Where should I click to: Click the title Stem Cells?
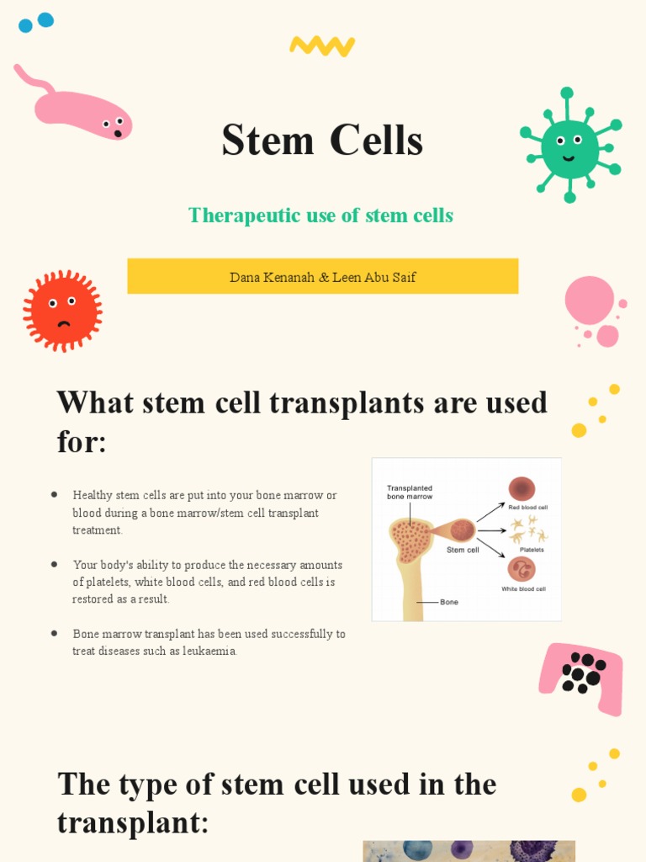tap(322, 141)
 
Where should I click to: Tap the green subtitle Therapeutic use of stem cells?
tap(320, 215)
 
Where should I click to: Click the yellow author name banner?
tap(322, 276)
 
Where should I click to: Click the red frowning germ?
tap(62, 310)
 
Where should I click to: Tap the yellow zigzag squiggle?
tap(321, 45)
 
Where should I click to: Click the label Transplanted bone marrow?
tap(410, 492)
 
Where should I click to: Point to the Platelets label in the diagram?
tap(531, 550)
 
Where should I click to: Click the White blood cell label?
tap(523, 589)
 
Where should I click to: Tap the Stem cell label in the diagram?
tap(462, 550)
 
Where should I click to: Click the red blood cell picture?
tap(522, 489)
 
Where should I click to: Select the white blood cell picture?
tap(522, 570)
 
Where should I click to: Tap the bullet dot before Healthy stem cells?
tap(55, 494)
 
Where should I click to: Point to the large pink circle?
tap(589, 300)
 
